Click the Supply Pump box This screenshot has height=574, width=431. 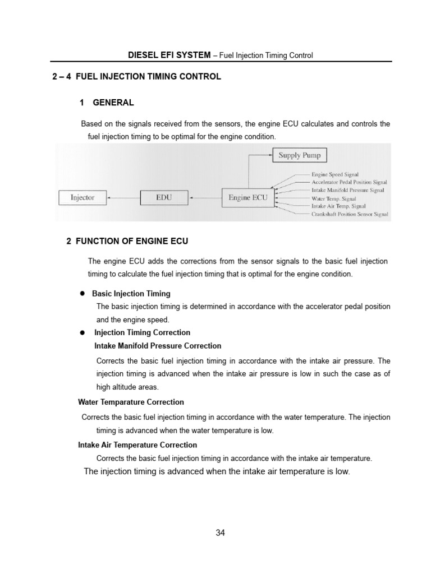(299, 155)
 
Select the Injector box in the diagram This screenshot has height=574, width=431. (82, 197)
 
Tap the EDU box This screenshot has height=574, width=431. (163, 197)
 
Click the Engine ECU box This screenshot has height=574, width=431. (247, 197)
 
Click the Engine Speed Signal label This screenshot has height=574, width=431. (335, 175)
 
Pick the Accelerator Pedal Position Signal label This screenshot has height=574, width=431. (349, 183)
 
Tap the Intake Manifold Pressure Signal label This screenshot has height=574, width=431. (348, 191)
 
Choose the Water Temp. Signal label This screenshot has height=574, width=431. (333, 198)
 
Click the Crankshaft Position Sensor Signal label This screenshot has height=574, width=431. (350, 214)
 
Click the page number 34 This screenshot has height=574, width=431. (220, 533)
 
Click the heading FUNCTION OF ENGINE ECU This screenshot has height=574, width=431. (132, 241)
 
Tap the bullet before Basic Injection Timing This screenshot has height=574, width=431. (81, 293)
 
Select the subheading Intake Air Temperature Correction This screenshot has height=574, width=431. (137, 445)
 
